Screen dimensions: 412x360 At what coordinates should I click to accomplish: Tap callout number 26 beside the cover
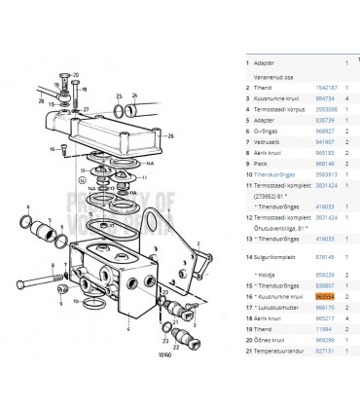pos(170,135)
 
